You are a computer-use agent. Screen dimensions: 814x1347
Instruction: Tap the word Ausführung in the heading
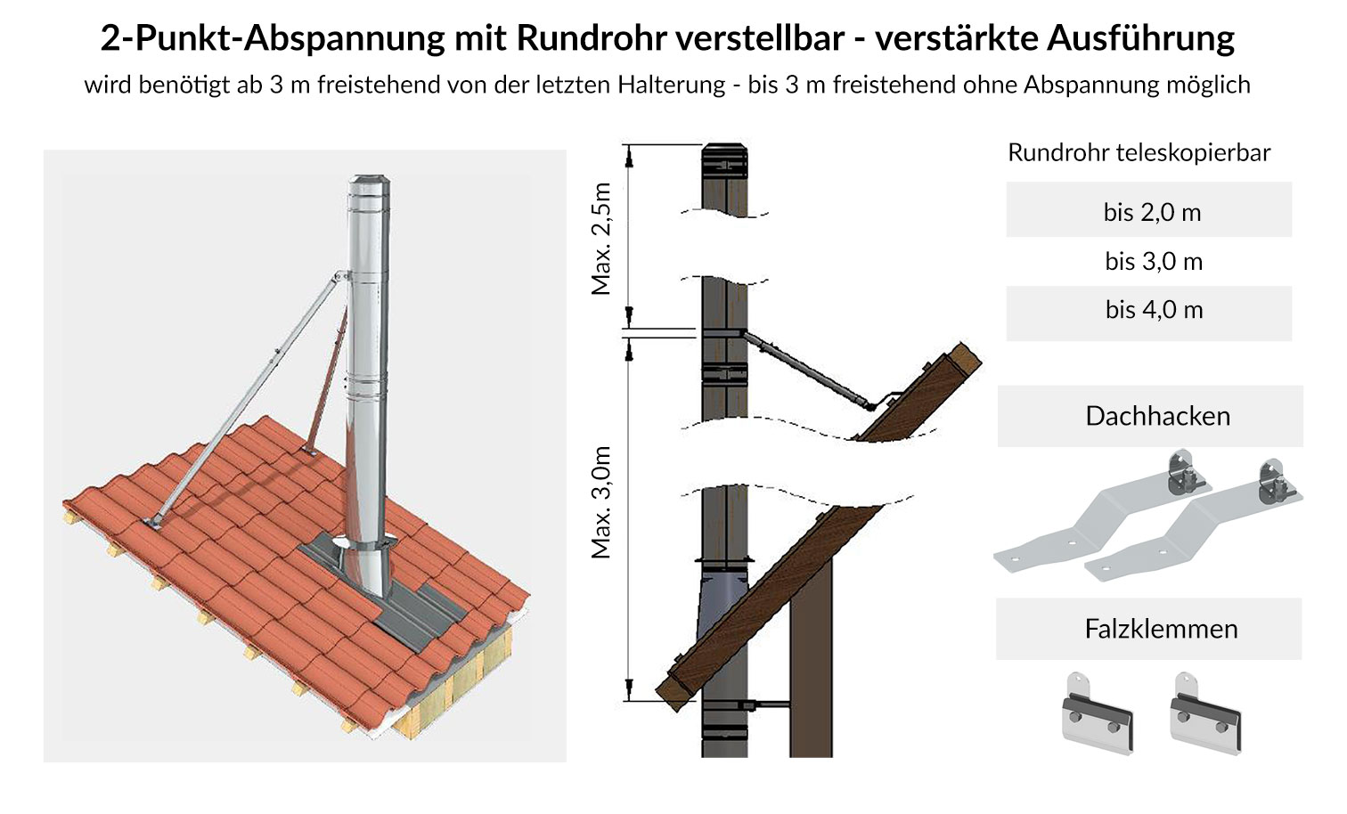1140,38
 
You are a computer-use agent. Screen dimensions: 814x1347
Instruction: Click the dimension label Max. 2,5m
602,239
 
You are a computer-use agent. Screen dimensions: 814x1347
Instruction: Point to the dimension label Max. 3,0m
602,502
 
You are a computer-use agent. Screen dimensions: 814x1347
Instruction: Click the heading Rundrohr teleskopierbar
1139,152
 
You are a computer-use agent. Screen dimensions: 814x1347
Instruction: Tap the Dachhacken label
1156,416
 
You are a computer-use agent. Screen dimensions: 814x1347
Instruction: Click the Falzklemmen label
1160,629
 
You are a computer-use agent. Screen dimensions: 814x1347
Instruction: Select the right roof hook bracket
1194,525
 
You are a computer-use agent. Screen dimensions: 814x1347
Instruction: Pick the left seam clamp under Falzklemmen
1097,713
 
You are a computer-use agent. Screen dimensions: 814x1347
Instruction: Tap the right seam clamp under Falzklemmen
1205,713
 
